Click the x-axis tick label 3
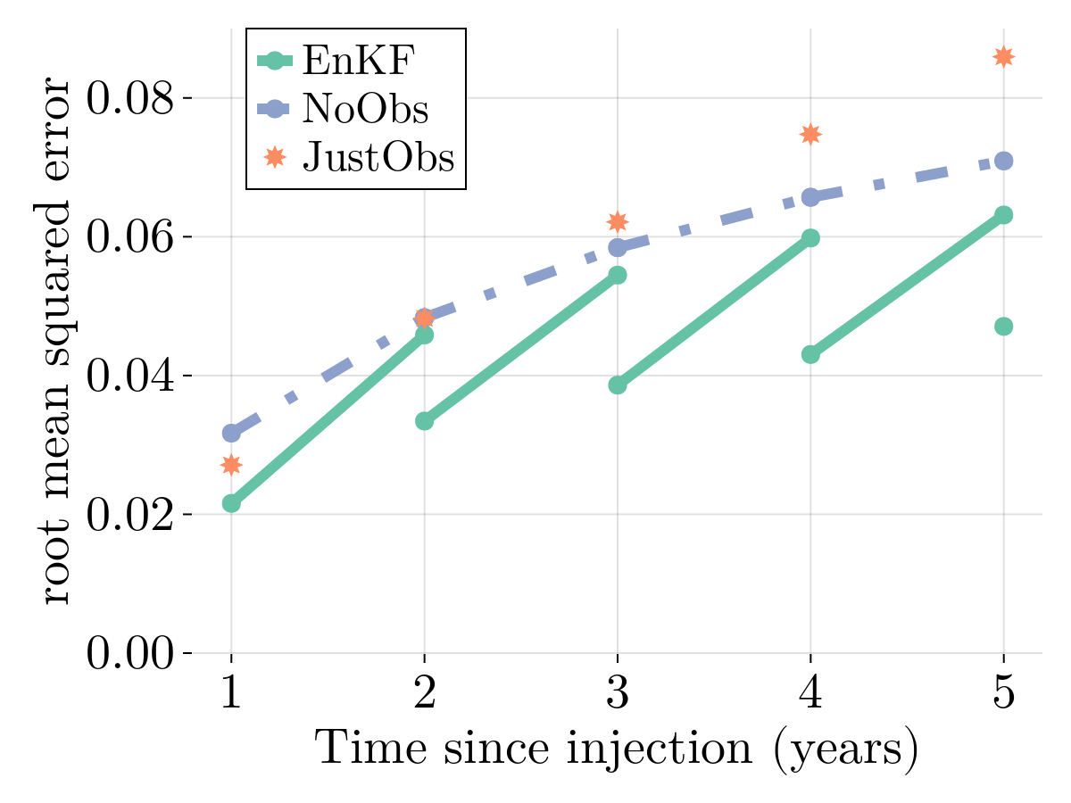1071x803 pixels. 617,694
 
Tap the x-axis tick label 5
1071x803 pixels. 1003,694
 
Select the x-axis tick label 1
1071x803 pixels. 231,694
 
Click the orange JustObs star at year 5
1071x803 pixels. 1003,56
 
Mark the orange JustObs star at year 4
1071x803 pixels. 810,134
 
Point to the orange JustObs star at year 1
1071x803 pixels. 231,465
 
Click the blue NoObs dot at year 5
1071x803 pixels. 1003,161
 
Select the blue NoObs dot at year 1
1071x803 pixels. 231,433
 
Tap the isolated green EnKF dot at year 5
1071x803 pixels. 1003,327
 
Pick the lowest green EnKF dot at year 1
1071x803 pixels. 231,503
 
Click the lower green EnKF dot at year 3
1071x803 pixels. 617,385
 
